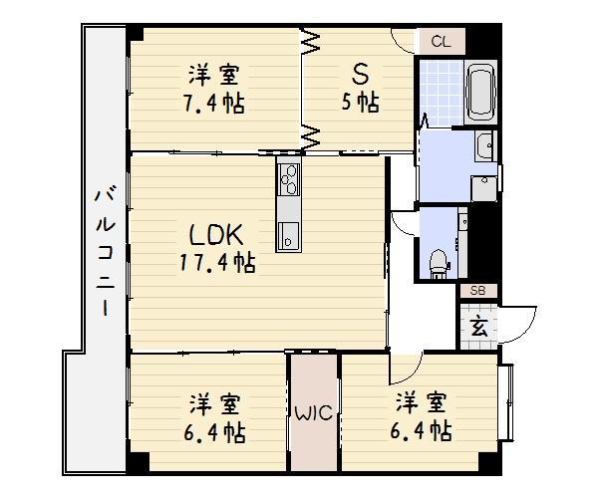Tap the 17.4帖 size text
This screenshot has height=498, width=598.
(217, 264)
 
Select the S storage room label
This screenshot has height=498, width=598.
(359, 74)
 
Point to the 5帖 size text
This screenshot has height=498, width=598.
(359, 103)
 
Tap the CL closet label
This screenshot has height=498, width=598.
(441, 42)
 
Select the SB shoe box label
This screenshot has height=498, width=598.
(477, 291)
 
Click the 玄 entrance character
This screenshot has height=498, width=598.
(478, 326)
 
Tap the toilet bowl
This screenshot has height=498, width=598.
(438, 262)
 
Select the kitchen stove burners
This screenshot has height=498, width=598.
(288, 179)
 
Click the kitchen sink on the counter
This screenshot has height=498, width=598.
(287, 236)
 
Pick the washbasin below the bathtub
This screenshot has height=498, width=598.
(484, 148)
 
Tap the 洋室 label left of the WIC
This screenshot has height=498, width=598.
(216, 404)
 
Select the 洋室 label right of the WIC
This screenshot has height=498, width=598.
(420, 402)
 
